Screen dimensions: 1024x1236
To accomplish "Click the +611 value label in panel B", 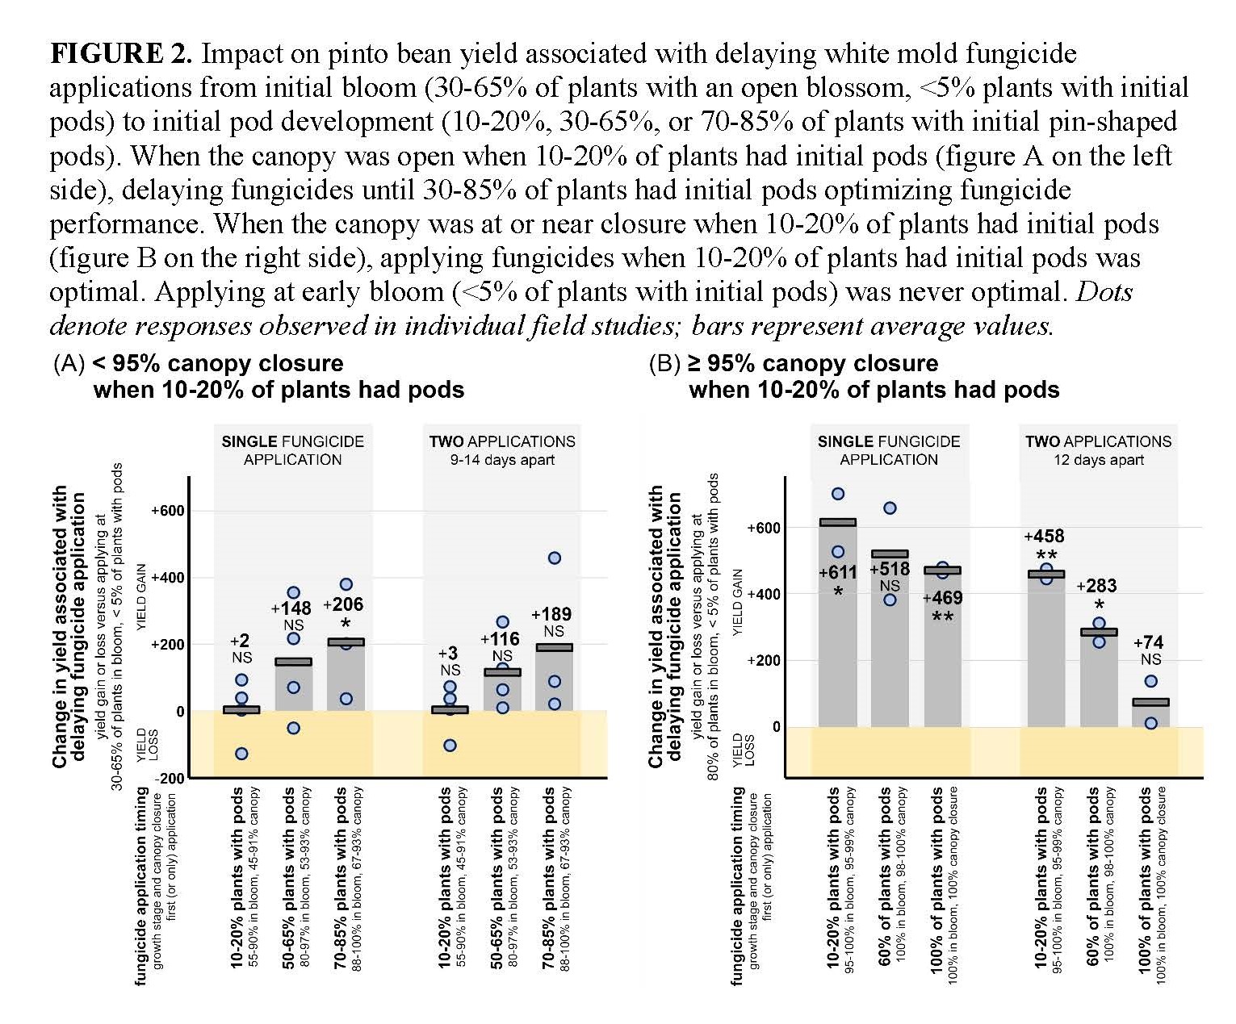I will [838, 573].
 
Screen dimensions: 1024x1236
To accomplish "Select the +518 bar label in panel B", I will [890, 569].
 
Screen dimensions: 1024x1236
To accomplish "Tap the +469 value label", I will [942, 598].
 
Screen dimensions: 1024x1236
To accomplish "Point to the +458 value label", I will [1045, 537].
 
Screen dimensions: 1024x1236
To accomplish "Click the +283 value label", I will [1097, 586].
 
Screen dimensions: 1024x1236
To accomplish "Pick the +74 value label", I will [1148, 642].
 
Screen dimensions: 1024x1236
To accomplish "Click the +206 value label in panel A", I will [343, 604].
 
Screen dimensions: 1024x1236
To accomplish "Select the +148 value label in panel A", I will [291, 608].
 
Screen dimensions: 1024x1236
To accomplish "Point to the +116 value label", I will [501, 640].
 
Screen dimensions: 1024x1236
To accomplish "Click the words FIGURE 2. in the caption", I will [121, 54].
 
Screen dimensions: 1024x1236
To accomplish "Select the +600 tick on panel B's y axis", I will [763, 529].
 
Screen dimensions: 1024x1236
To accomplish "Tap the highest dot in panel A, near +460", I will [555, 558].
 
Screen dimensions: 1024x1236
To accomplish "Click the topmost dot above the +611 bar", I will [838, 494].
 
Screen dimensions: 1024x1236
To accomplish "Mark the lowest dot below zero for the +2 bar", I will [241, 754].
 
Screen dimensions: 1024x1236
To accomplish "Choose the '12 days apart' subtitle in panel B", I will [1098, 460].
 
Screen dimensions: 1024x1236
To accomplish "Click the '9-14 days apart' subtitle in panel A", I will [502, 460].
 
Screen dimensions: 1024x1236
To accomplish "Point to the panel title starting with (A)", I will [258, 377].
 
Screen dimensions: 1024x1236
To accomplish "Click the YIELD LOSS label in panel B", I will [744, 750].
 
